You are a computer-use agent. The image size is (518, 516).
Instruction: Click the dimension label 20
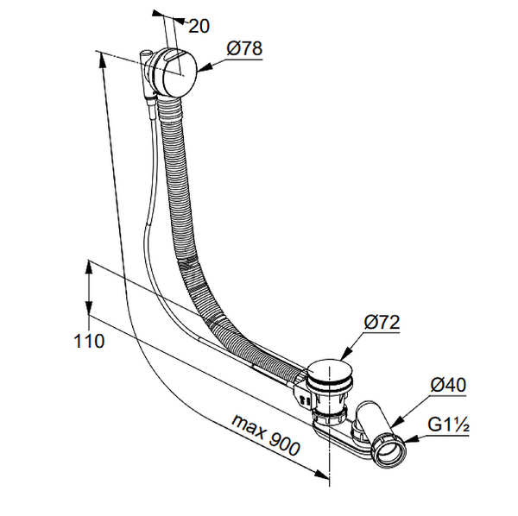(x=199, y=26)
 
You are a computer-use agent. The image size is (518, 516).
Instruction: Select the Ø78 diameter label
(x=244, y=48)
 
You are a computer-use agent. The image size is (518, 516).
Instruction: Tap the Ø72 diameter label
(x=382, y=322)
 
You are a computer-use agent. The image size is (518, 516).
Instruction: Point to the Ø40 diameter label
(x=448, y=385)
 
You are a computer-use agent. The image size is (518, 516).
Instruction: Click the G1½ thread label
(x=448, y=425)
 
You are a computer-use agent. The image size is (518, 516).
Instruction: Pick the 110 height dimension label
(x=89, y=341)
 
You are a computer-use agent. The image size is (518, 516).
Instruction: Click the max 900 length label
(x=266, y=434)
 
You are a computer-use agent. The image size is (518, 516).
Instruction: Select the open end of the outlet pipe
(x=389, y=451)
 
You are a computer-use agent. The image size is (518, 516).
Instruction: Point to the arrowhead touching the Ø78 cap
(x=205, y=67)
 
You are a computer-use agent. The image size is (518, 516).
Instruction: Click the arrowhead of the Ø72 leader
(x=344, y=354)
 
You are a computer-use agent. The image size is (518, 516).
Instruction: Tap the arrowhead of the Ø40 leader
(x=397, y=420)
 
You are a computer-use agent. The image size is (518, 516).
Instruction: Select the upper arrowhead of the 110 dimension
(x=88, y=268)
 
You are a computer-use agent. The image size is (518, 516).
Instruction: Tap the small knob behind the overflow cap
(x=145, y=53)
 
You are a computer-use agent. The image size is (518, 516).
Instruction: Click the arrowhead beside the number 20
(x=180, y=21)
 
